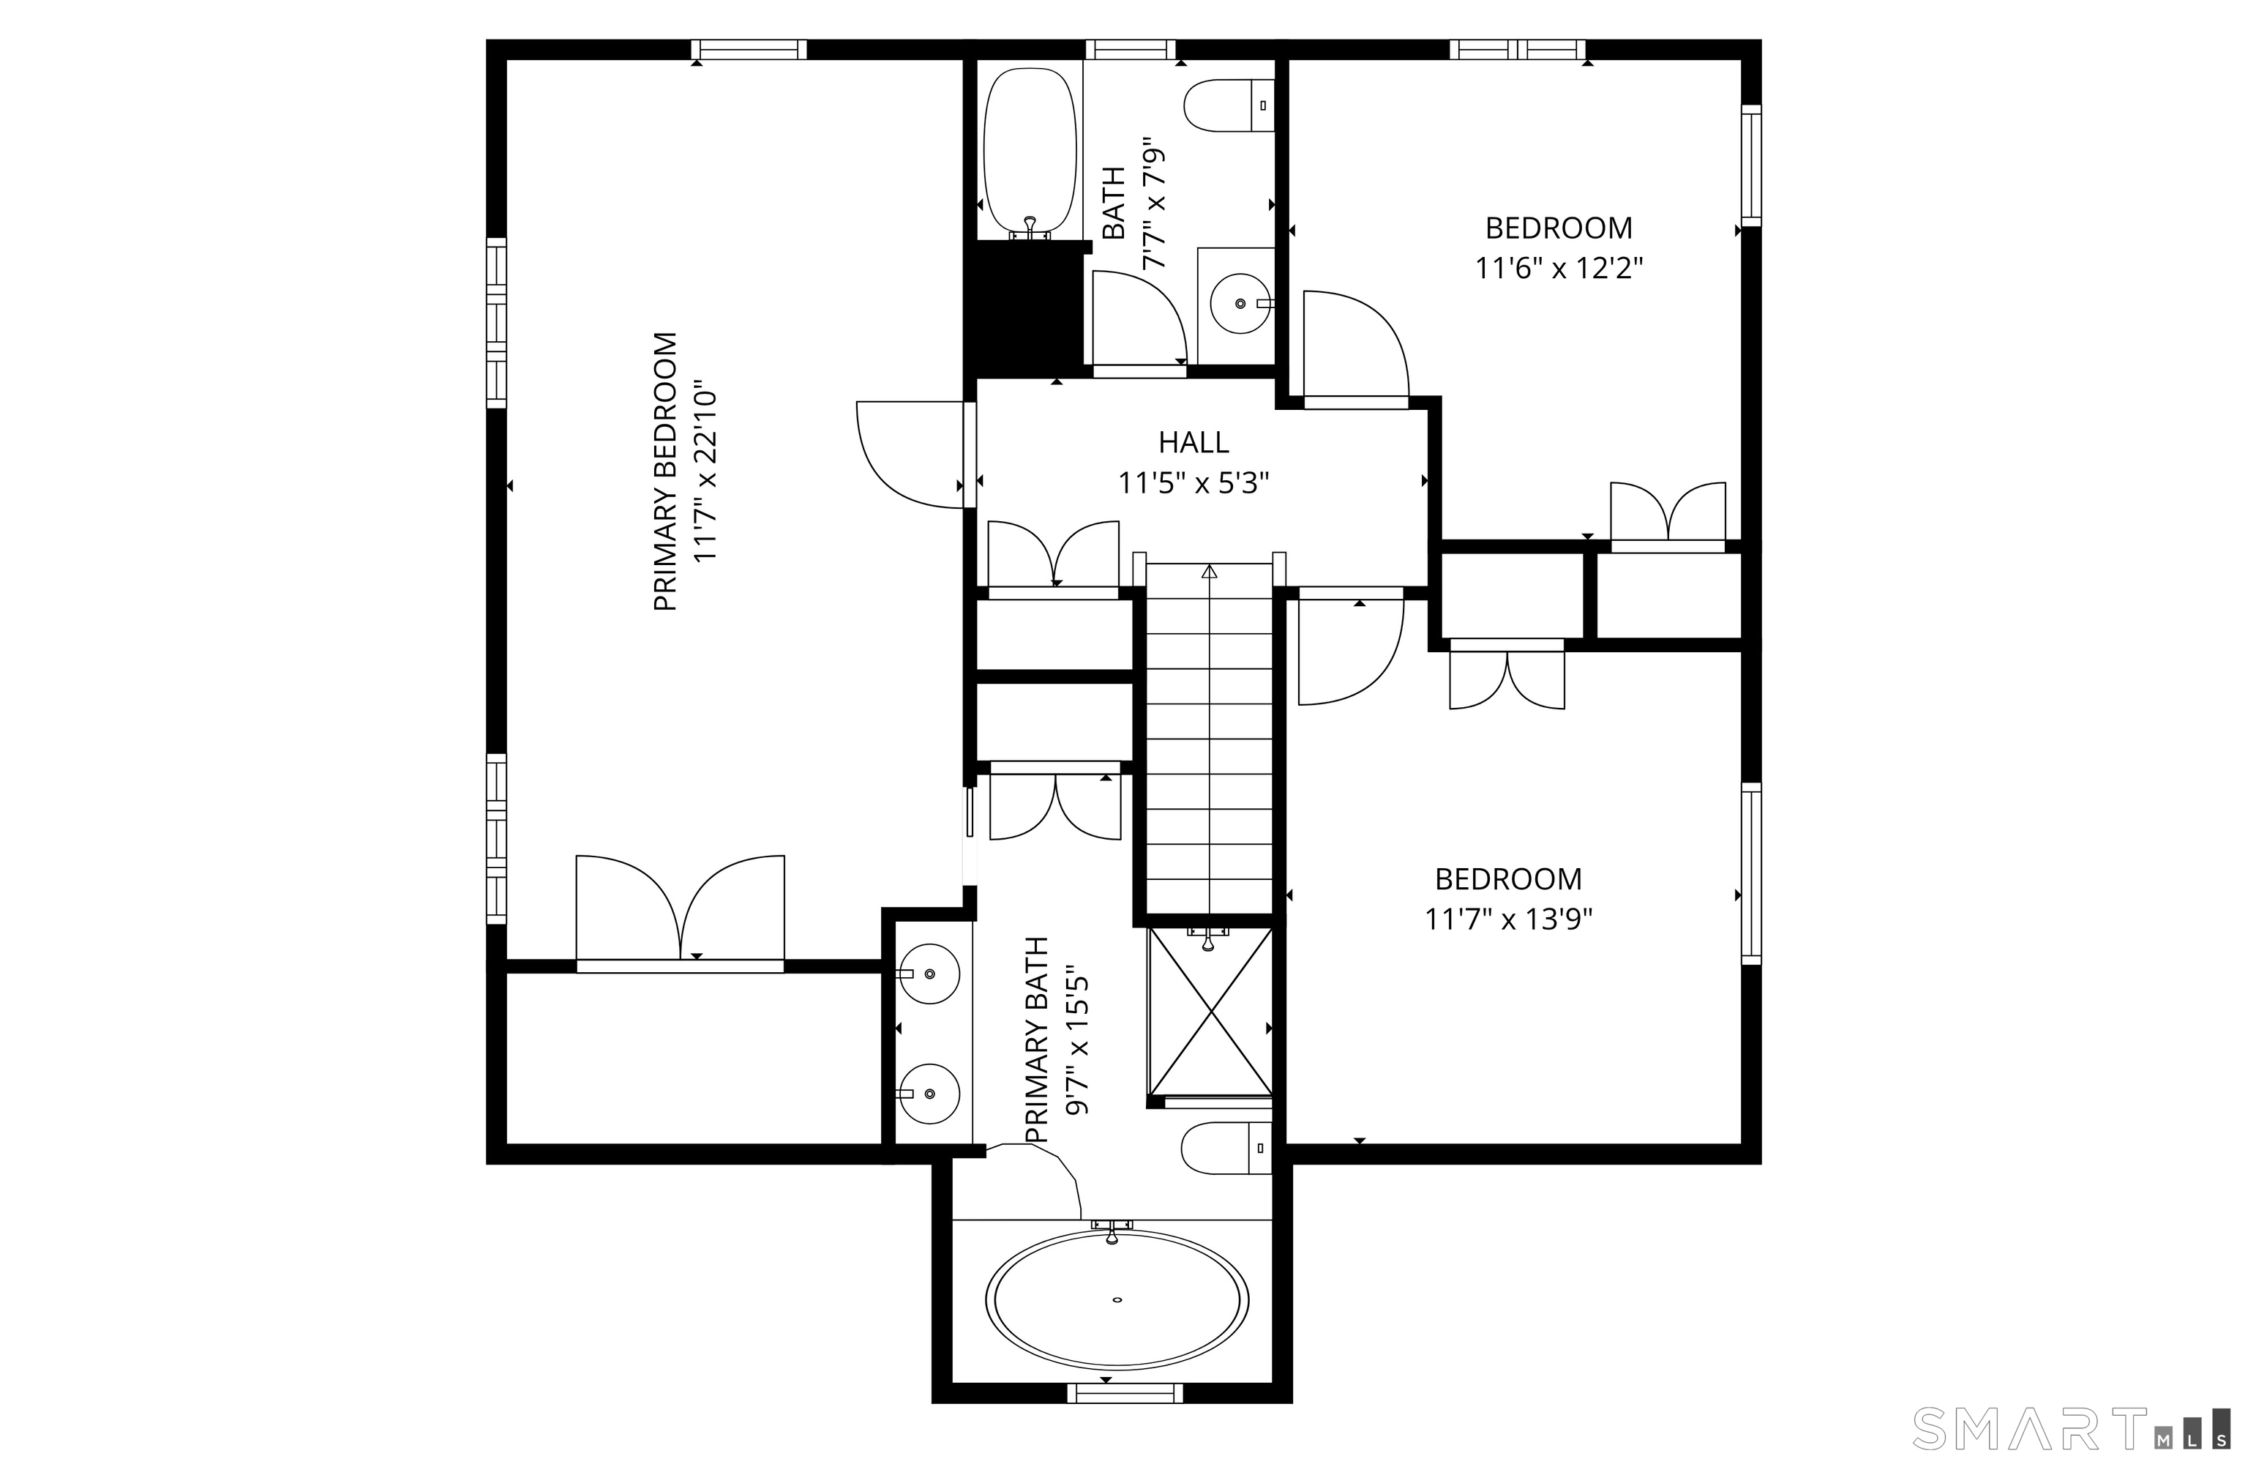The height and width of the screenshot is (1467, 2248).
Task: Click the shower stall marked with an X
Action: (x=1210, y=1012)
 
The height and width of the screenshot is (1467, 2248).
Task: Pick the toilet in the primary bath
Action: (x=1224, y=1148)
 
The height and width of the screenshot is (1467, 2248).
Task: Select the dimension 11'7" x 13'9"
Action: (x=1508, y=919)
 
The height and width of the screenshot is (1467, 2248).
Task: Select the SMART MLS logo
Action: (x=2069, y=1427)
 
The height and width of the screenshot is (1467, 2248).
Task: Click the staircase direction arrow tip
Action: (x=1209, y=570)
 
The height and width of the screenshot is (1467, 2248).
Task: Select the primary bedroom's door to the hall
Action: (x=912, y=453)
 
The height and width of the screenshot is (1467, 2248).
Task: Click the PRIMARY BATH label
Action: (x=1037, y=1039)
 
